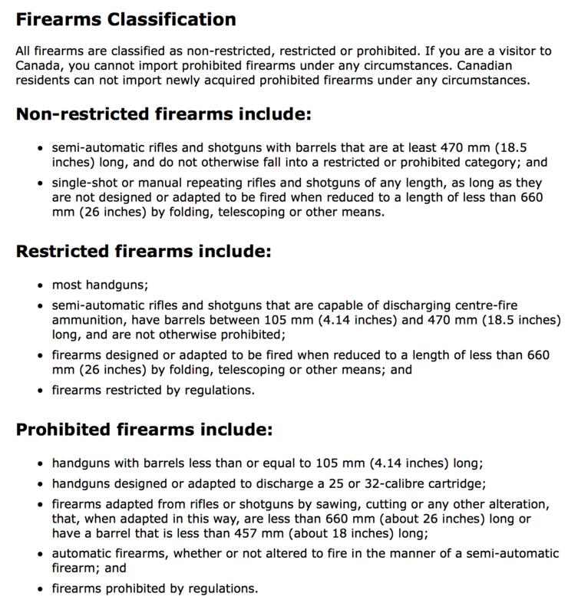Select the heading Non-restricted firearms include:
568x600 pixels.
pyautogui.click(x=163, y=114)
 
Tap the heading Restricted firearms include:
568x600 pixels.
pyautogui.click(x=144, y=252)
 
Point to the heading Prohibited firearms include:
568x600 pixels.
pyautogui.click(x=144, y=430)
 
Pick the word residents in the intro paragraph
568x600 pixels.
pyautogui.click(x=44, y=80)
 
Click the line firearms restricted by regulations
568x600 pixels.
pyautogui.click(x=153, y=390)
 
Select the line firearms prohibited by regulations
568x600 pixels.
pyautogui.click(x=154, y=589)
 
